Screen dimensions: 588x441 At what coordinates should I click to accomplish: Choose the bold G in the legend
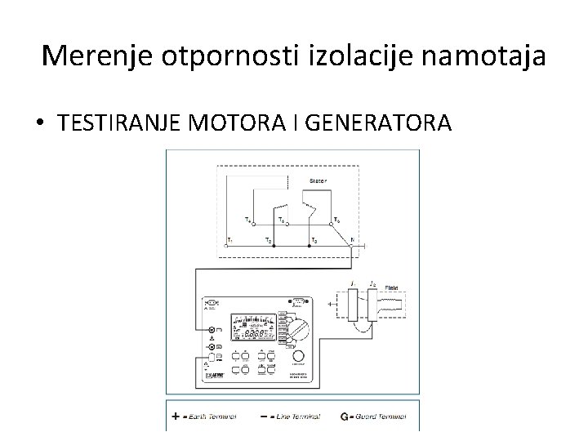[x=344, y=415]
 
